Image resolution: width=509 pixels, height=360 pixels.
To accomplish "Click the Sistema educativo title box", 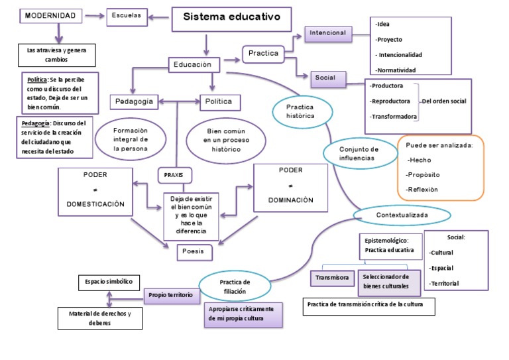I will click(231, 19).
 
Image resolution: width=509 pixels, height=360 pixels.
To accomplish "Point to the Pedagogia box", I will click(135, 101).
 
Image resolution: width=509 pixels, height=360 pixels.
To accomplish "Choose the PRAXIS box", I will click(174, 175).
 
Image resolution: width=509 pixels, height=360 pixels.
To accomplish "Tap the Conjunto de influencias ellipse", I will click(359, 154).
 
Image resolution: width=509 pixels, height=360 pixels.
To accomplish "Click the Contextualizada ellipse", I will click(402, 215).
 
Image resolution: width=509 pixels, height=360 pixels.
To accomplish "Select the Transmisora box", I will click(332, 278).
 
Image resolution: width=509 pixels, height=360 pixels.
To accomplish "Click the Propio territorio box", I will click(170, 294).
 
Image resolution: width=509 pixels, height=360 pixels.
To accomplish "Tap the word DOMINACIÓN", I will click(290, 200).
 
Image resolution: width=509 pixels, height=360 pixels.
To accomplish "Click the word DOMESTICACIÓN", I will click(95, 204).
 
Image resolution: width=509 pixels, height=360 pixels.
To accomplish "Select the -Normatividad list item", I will click(396, 70).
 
